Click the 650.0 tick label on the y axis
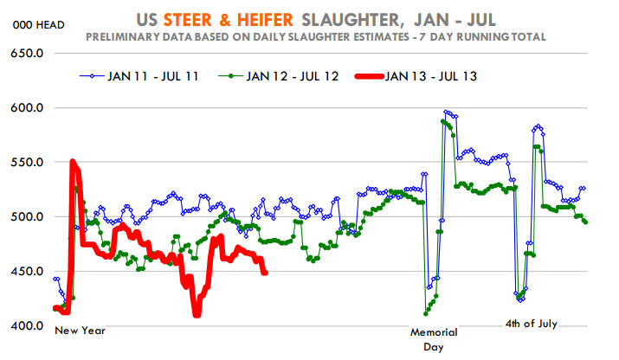click(27, 54)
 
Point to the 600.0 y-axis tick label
click(27, 108)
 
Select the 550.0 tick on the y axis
click(27, 163)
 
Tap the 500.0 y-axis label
click(27, 217)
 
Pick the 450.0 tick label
click(27, 272)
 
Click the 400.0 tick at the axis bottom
click(27, 326)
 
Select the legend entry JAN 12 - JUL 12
click(293, 76)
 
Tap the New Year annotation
click(81, 331)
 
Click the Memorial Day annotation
click(434, 338)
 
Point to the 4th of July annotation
click(532, 324)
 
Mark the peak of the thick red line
click(73, 161)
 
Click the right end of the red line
click(265, 273)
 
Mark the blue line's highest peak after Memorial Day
click(446, 112)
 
